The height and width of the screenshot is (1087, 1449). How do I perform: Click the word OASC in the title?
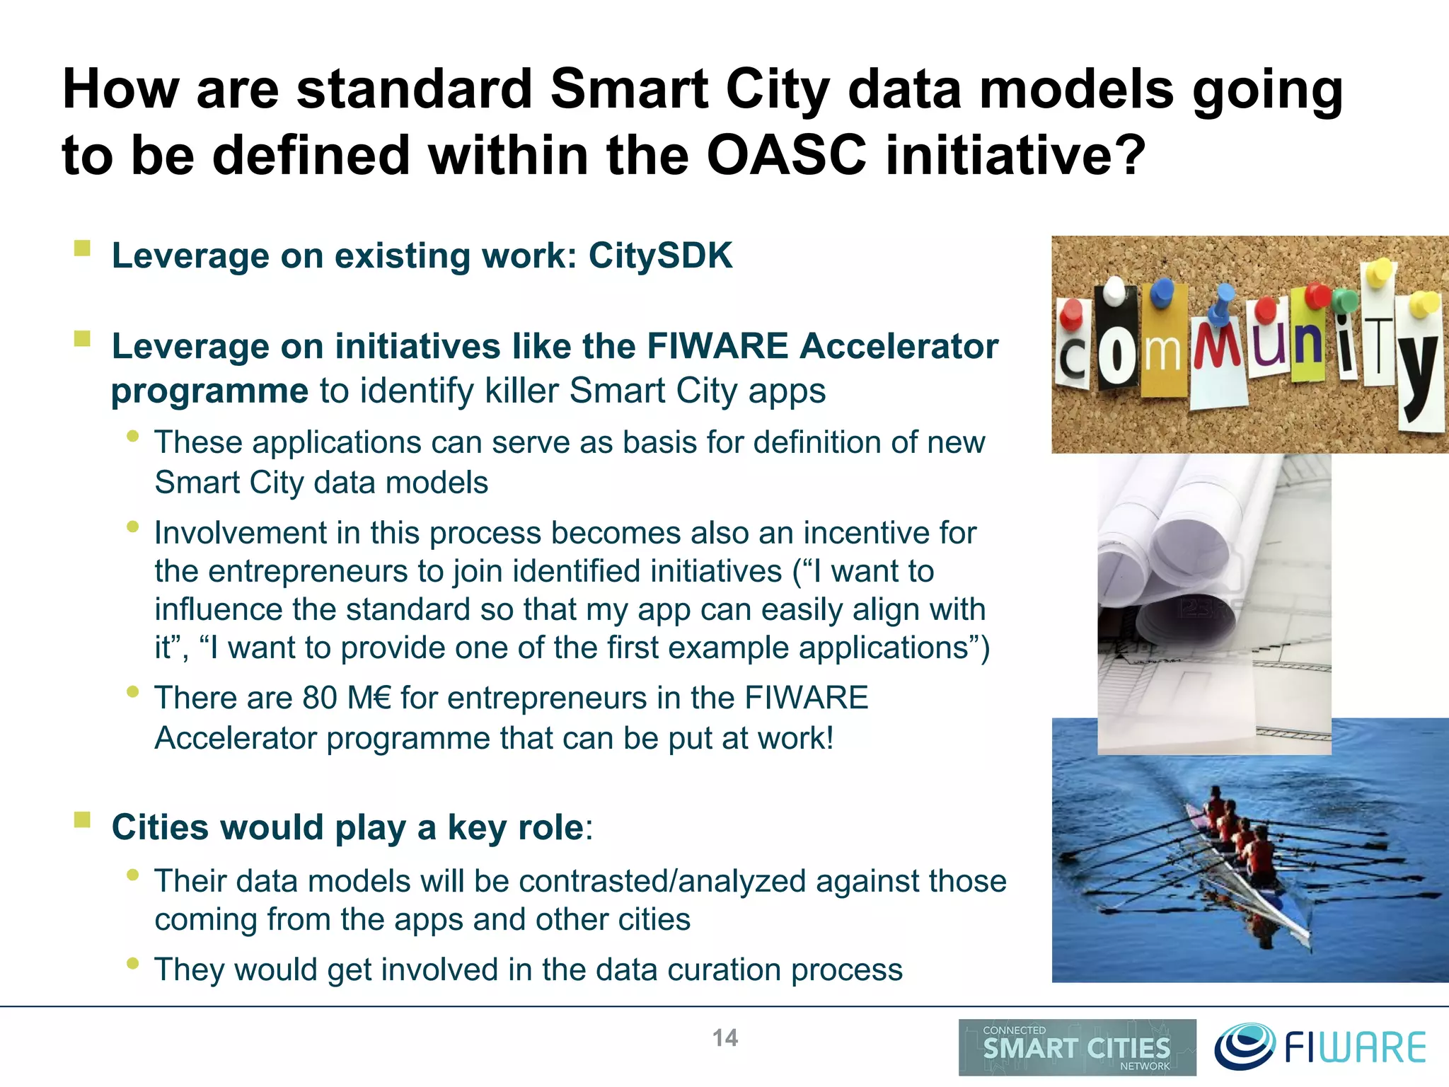(x=786, y=156)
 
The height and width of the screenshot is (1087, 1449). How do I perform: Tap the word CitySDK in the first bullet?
(x=660, y=256)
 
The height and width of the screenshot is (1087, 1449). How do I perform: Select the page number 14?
(x=724, y=1037)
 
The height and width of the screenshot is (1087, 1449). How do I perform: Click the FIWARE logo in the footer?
(x=1320, y=1047)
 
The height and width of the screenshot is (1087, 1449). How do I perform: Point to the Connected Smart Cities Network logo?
(x=1077, y=1047)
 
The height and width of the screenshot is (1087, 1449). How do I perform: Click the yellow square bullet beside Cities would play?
(x=83, y=820)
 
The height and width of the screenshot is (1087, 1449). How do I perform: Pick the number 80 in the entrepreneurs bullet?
(x=320, y=698)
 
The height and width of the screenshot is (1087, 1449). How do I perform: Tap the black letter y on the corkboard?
(x=1419, y=375)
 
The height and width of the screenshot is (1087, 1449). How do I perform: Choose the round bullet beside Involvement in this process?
(x=132, y=527)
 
